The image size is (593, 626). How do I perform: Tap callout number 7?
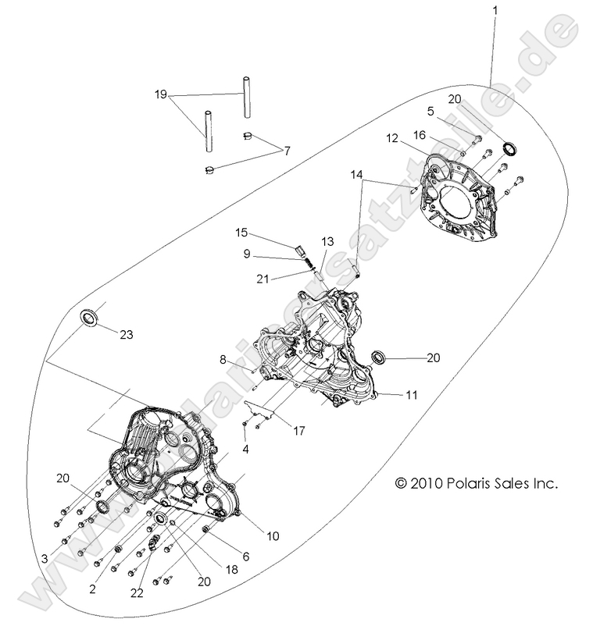click(288, 150)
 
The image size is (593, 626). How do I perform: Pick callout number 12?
click(392, 138)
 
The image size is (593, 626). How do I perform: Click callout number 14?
click(358, 176)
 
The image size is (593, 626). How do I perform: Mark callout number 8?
click(223, 360)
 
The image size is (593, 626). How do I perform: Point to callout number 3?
click(45, 559)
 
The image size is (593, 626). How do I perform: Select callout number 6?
click(246, 557)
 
